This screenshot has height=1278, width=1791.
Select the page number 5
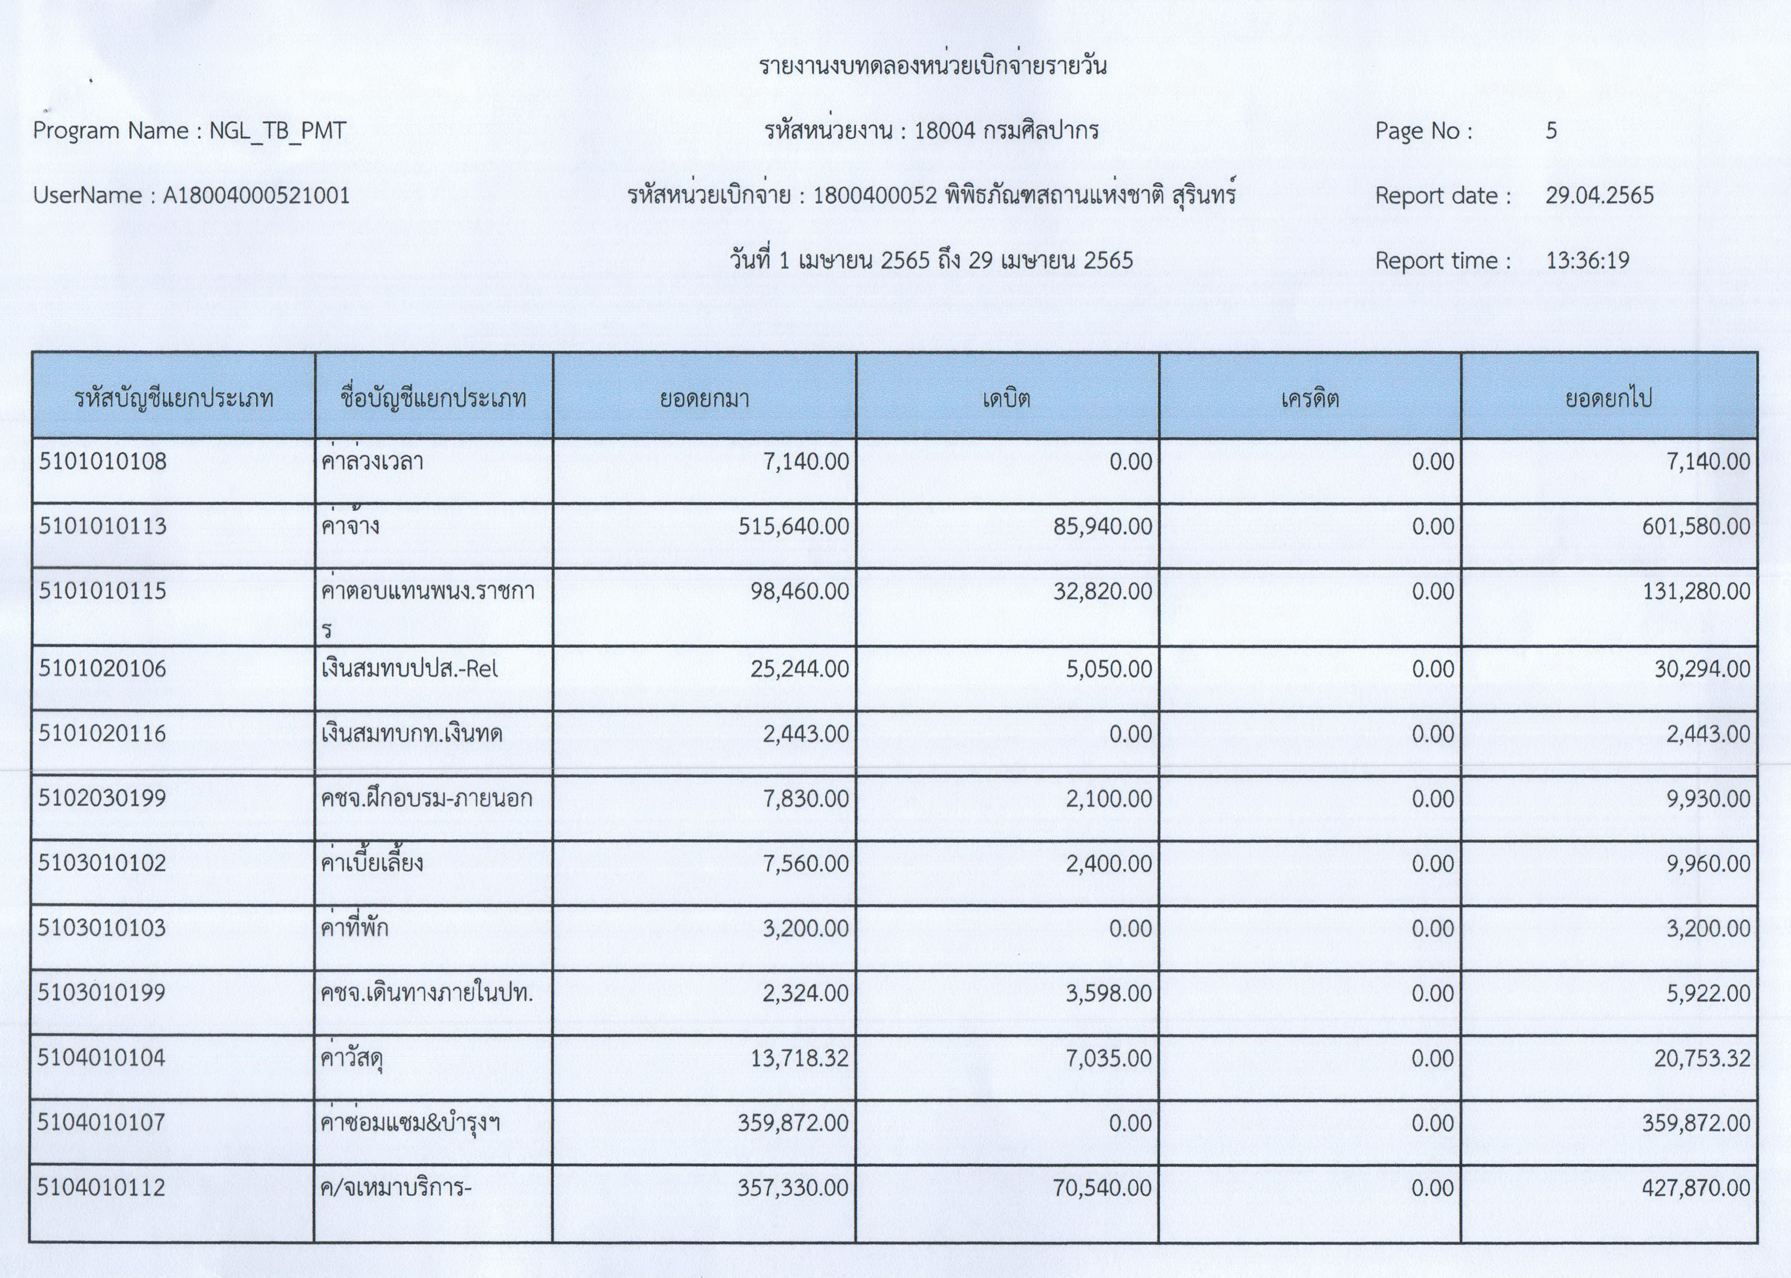[x=1551, y=130]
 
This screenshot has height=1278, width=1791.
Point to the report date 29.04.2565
[x=1599, y=195]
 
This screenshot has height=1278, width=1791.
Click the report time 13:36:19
[x=1587, y=260]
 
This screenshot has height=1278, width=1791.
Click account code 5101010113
[x=103, y=526]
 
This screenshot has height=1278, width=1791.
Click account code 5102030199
[x=102, y=798]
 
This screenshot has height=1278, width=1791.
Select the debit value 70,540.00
[x=1102, y=1187]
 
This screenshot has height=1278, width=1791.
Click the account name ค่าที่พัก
[x=354, y=928]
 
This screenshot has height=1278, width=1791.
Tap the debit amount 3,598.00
[x=1108, y=993]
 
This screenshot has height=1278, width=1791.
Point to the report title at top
[x=932, y=66]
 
